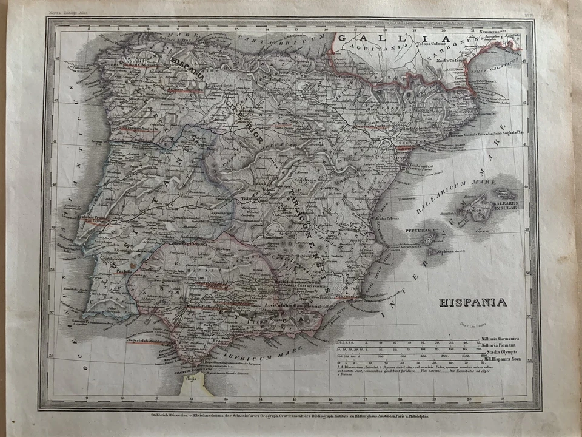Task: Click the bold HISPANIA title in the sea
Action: pyautogui.click(x=473, y=302)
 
